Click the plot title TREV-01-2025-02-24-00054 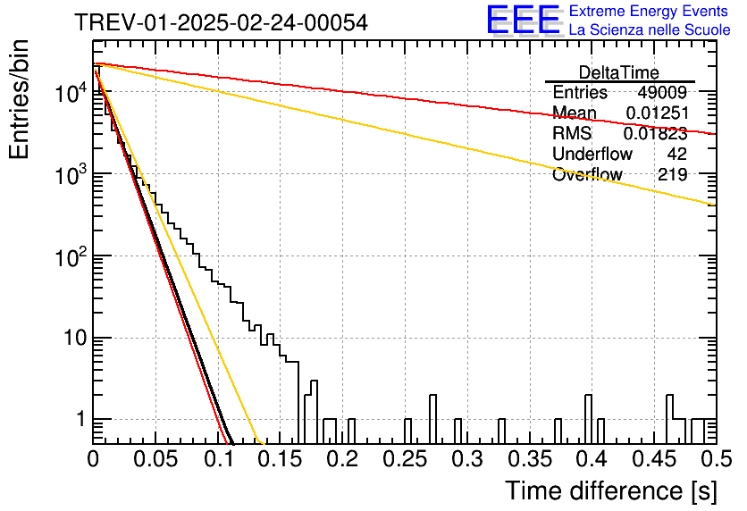point(221,22)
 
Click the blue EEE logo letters point(524,21)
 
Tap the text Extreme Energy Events point(649,11)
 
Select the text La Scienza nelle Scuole point(650,29)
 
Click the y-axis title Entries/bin point(19,99)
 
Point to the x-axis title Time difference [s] point(611,491)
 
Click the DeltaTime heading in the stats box point(619,72)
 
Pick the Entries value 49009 point(662,92)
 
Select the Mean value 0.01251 point(657,113)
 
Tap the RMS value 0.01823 point(656,133)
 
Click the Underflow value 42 point(677,154)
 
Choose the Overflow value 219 point(673,174)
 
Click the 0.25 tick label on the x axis point(405,459)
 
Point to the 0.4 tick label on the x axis point(592,459)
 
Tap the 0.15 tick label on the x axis point(281,459)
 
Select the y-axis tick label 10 point(75,338)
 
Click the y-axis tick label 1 point(80,420)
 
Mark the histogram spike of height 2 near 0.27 point(432,419)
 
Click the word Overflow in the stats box point(587,174)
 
